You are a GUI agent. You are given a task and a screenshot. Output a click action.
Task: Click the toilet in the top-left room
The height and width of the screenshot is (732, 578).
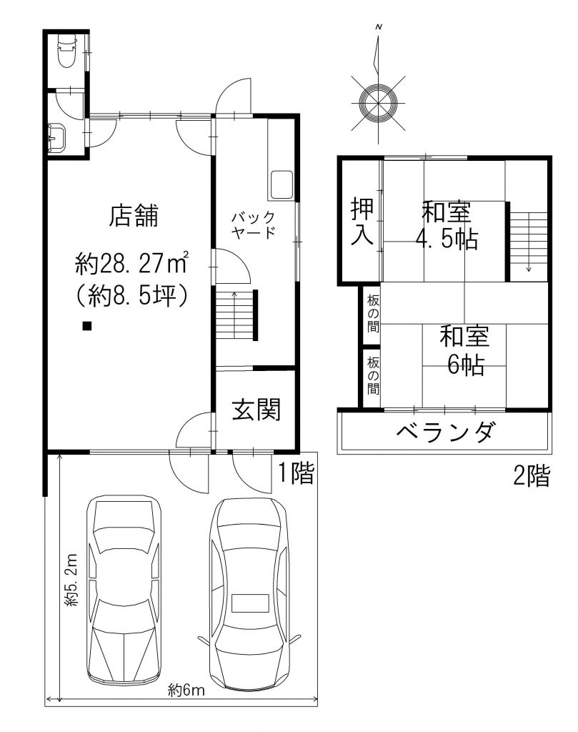tap(65, 51)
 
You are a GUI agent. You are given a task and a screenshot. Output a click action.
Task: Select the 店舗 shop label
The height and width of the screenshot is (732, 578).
tap(134, 215)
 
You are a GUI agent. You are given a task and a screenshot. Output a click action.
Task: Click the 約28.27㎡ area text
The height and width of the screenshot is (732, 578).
tap(131, 264)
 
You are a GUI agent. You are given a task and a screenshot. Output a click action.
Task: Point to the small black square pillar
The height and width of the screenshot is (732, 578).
tap(86, 326)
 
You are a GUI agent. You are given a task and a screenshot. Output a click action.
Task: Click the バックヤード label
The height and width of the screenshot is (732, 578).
tap(254, 225)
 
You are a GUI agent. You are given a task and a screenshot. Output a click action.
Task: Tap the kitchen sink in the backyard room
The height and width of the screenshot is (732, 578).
tap(281, 184)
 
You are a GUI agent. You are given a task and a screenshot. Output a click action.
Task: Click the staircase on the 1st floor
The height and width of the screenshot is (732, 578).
tap(235, 315)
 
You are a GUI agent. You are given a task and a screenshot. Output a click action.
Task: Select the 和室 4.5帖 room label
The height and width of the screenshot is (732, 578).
tap(447, 225)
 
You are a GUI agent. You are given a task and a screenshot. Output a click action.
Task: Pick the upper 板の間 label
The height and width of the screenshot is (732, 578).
tap(373, 313)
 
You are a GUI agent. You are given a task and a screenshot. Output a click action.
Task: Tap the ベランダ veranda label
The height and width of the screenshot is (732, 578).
tap(444, 431)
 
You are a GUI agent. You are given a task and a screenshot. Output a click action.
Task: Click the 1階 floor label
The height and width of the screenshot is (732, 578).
tap(297, 473)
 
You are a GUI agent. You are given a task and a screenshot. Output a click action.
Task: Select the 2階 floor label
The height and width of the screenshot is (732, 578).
tap(532, 475)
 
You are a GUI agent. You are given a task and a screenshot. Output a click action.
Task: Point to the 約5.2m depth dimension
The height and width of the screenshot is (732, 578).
tap(71, 580)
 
